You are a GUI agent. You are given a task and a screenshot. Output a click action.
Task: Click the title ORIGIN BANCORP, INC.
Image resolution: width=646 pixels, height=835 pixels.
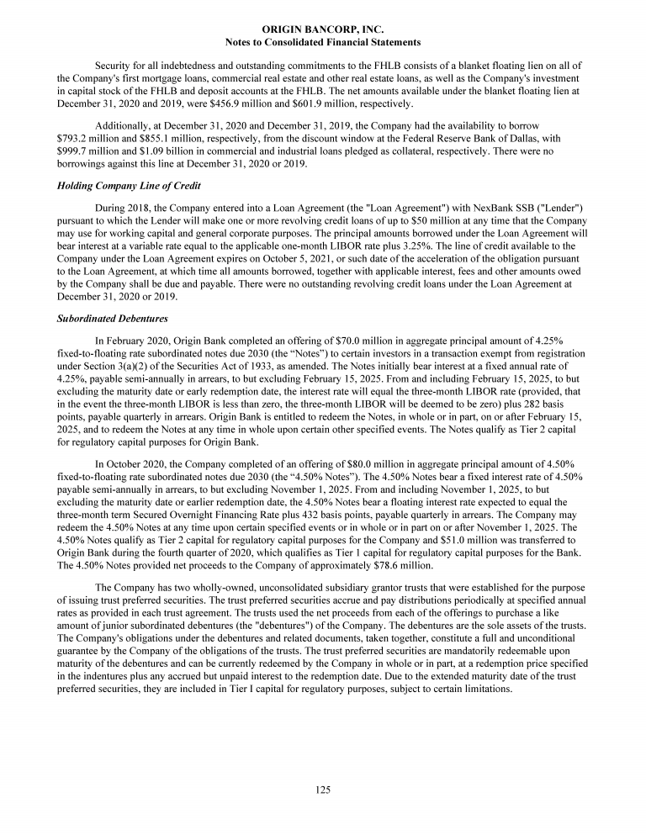323,29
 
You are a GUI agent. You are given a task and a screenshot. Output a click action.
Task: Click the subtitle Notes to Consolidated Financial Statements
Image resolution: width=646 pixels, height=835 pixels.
323,42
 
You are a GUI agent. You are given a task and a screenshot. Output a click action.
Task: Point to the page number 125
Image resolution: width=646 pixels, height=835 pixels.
323,790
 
